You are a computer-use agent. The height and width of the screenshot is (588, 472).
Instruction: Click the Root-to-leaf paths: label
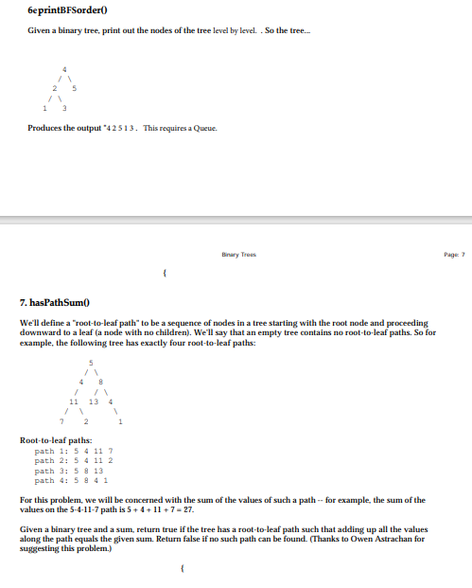(56, 439)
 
